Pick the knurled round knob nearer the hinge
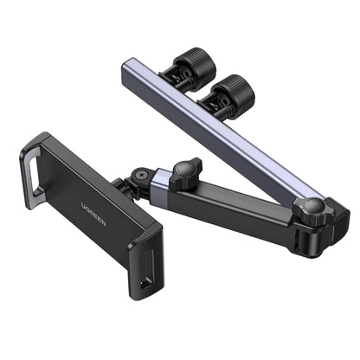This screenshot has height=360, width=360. tap(231, 90)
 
